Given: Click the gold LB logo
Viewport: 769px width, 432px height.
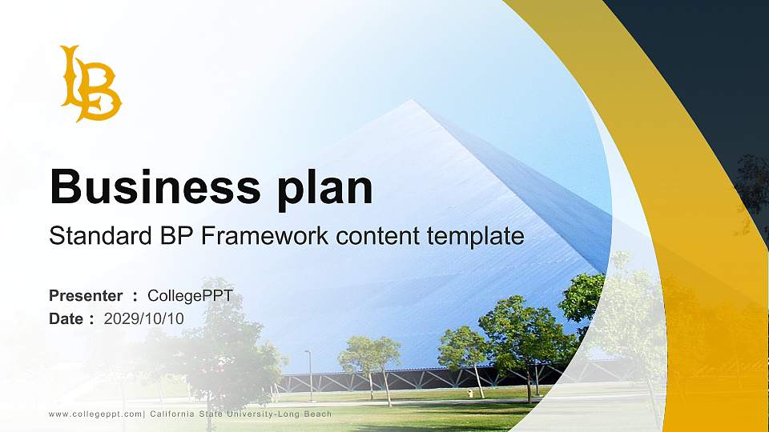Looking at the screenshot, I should [91, 84].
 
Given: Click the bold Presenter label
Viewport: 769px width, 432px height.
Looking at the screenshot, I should [86, 295].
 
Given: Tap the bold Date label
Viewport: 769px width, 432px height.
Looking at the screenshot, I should [66, 318].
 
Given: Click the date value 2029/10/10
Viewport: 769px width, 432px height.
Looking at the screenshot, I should [144, 318].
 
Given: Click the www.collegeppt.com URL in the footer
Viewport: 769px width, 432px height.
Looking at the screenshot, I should [95, 414].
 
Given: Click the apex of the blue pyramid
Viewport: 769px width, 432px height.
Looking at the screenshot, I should [413, 101].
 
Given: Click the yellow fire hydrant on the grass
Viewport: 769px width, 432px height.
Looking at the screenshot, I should [470, 393].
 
